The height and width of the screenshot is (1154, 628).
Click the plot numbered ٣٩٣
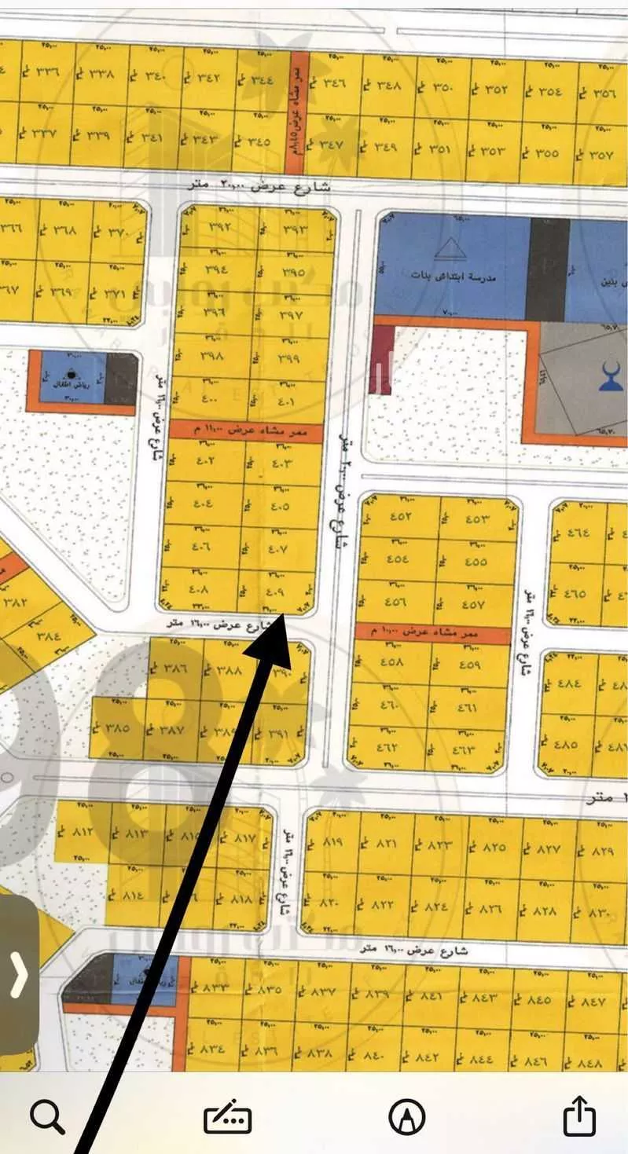(292, 229)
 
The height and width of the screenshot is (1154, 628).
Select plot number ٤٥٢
(399, 516)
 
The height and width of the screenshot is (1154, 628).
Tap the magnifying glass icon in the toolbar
(47, 1116)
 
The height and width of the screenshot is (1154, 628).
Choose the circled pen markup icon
(407, 1116)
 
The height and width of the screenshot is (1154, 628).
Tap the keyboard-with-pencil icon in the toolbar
(227, 1117)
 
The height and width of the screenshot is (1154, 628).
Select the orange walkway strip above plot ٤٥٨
(432, 631)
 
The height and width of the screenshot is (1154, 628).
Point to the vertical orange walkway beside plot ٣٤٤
(299, 102)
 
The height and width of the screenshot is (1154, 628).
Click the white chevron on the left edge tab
(18, 974)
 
